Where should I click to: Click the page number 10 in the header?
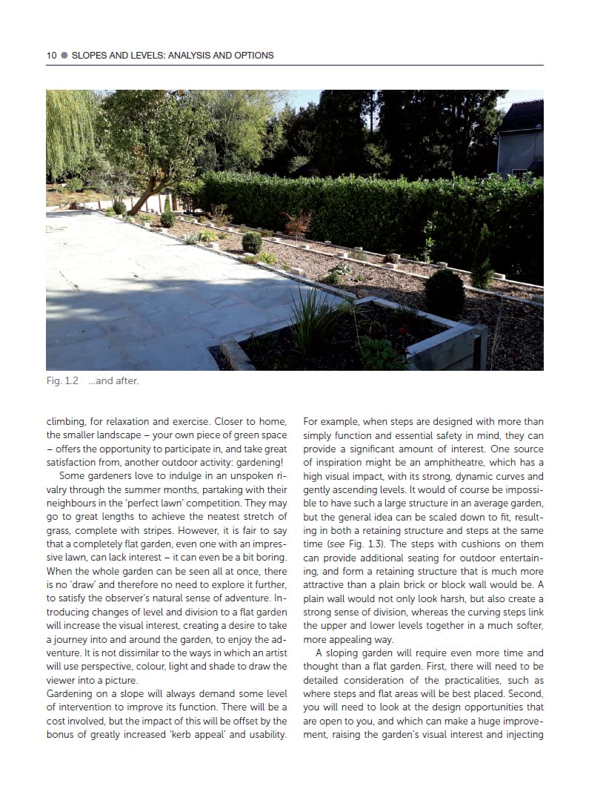[x=51, y=56]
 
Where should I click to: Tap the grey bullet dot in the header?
[x=64, y=56]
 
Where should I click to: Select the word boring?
[x=270, y=558]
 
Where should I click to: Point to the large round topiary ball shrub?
[x=445, y=293]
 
